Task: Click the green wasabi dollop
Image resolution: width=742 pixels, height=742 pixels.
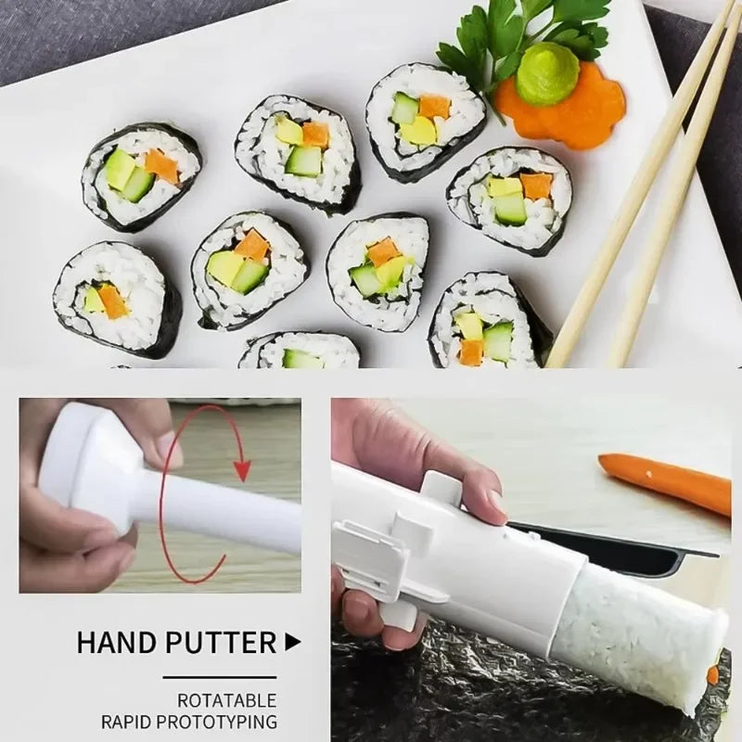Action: (x=547, y=73)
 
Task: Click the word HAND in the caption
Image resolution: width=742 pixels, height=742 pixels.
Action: (x=117, y=641)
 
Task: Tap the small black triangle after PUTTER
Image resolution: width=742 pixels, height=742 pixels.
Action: (x=293, y=640)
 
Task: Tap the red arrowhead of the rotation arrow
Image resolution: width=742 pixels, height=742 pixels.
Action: (x=242, y=469)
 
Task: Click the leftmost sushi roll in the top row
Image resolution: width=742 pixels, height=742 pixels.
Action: (x=141, y=176)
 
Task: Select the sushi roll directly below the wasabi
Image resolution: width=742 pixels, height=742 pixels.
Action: (x=509, y=198)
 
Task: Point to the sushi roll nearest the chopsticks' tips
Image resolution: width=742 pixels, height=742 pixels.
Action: (x=487, y=320)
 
